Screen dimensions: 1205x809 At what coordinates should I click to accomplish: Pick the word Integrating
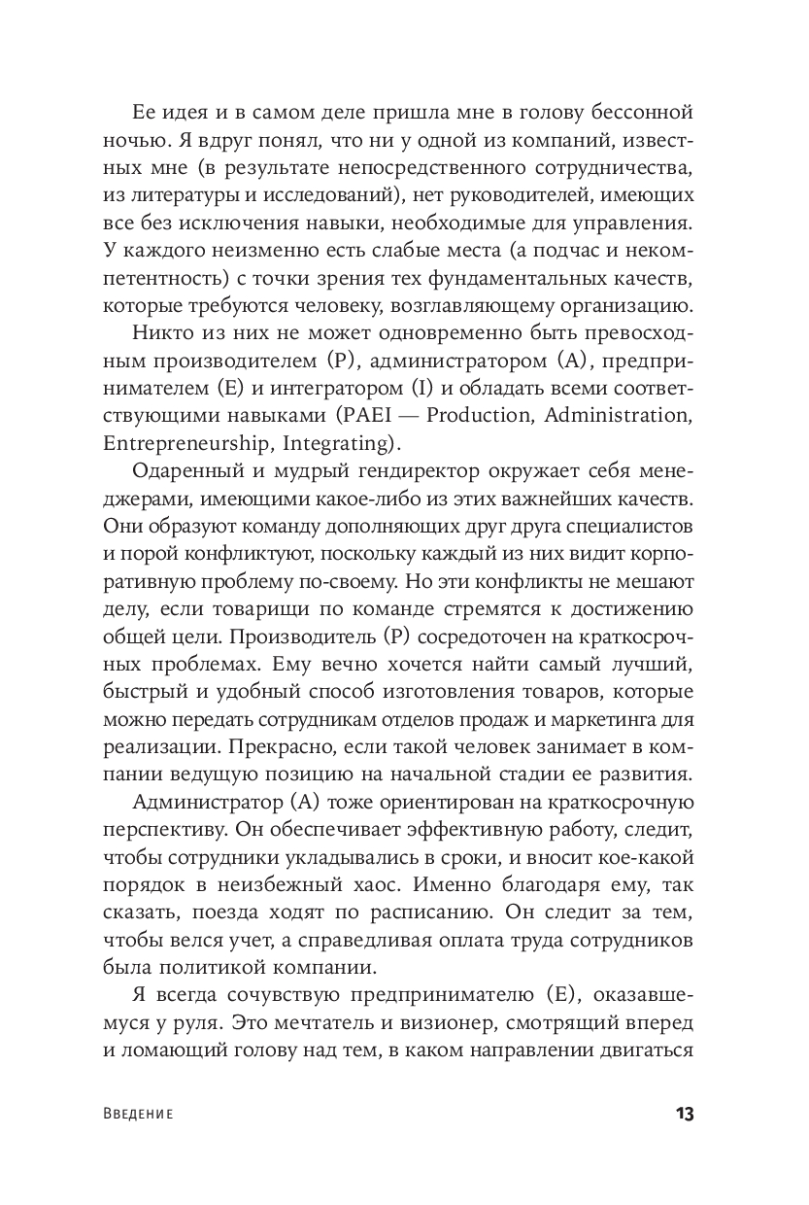click(332, 444)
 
